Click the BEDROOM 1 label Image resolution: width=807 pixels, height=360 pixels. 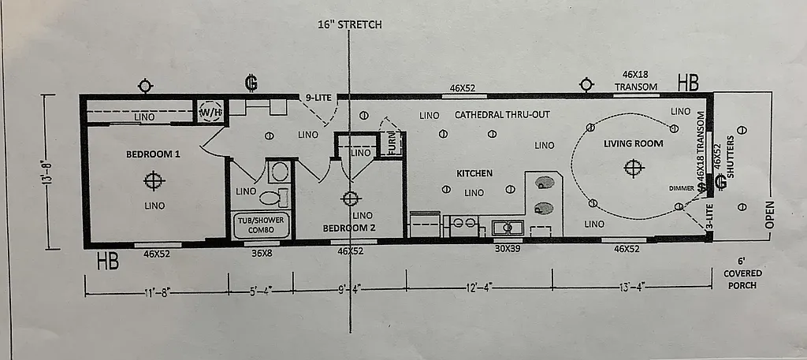[x=154, y=154]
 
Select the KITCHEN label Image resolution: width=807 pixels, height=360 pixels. [x=474, y=173]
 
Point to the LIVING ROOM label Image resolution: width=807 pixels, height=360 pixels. [x=633, y=143]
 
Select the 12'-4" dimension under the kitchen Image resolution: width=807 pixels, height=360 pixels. [x=478, y=288]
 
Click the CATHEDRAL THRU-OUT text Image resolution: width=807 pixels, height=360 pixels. [x=502, y=115]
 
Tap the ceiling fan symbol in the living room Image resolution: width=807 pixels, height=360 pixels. [x=632, y=167]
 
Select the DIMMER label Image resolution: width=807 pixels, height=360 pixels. [x=682, y=188]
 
